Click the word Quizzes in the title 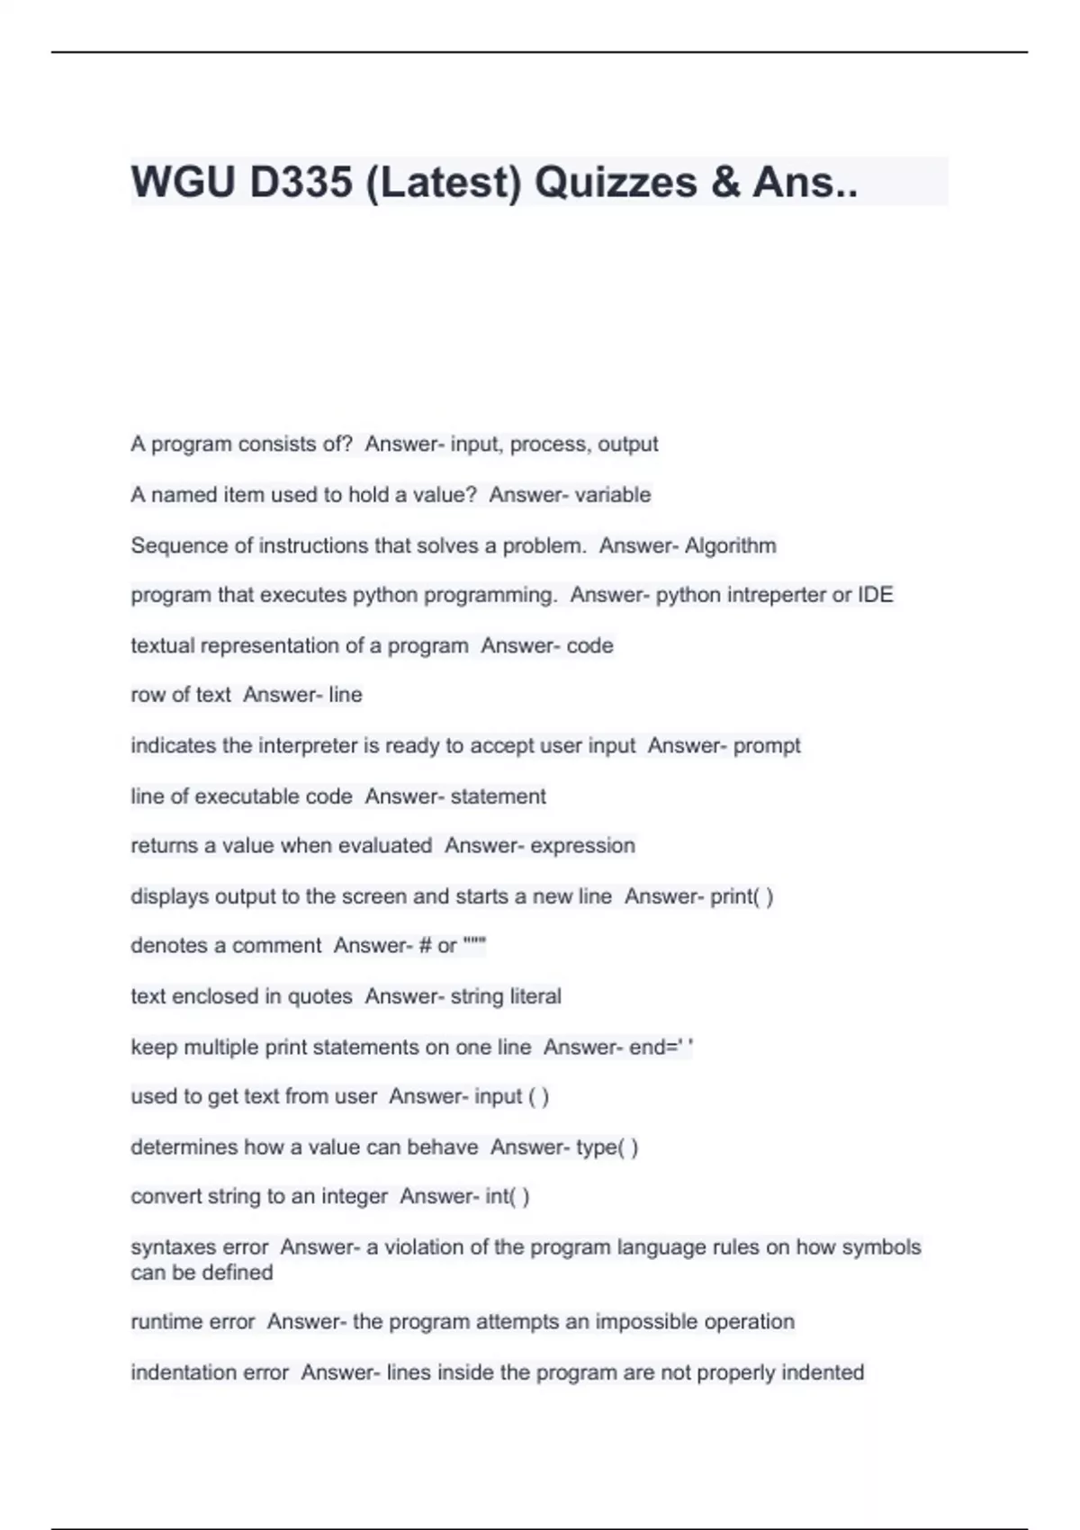coord(616,182)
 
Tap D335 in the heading coord(301,182)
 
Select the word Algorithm coord(730,545)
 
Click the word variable coord(616,495)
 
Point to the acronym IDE coord(875,595)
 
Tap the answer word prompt coord(767,746)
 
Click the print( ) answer coord(742,896)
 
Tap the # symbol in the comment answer coord(426,946)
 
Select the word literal coord(535,996)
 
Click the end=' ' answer coord(661,1047)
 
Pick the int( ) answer coord(507,1197)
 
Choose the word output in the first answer coord(628,445)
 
